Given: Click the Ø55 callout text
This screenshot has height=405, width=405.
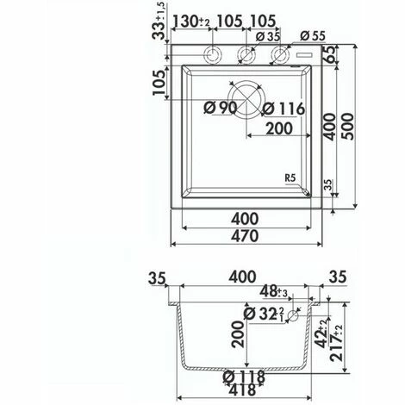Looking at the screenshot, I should click(314, 35).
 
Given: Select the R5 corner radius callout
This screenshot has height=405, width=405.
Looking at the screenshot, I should click(294, 178).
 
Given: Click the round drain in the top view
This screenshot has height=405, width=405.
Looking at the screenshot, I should click(244, 99).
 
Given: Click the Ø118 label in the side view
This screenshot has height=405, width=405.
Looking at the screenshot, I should click(245, 376).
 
